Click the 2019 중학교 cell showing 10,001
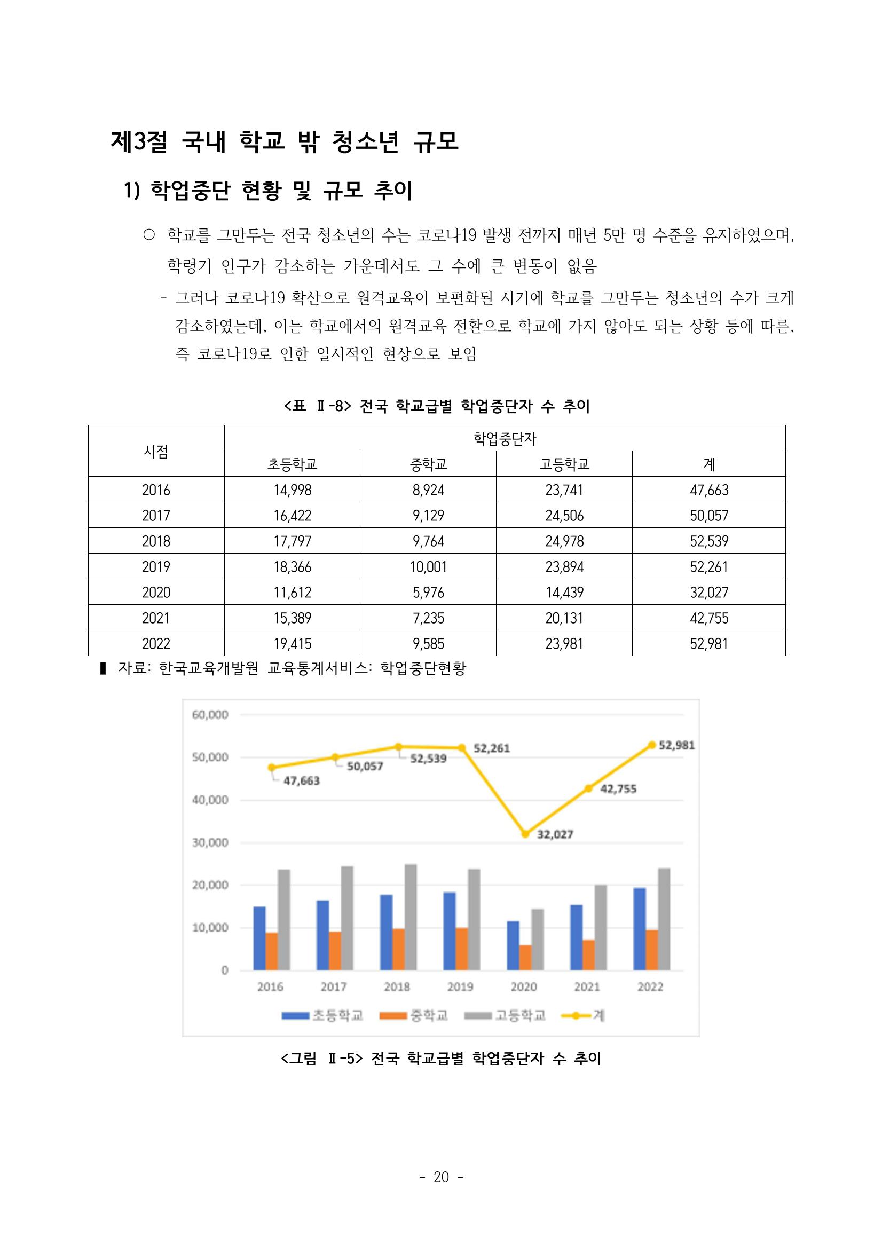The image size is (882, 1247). (428, 566)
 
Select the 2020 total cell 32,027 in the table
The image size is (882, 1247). (709, 592)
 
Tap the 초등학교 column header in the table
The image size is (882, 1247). (292, 464)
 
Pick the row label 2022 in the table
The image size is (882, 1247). (156, 644)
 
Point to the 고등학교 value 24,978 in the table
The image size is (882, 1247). (564, 541)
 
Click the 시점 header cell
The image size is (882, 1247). (156, 451)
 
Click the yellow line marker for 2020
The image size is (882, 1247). (525, 834)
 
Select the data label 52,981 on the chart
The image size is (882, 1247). (676, 745)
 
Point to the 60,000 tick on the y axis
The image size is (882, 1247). (210, 715)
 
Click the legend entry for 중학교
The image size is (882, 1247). (414, 1015)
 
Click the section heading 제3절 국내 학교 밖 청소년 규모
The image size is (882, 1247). (285, 143)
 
